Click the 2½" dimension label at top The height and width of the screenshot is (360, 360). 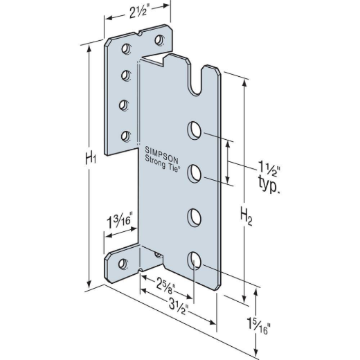[x=138, y=12]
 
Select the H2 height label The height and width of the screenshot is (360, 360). [x=246, y=217]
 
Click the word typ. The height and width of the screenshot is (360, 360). [x=269, y=185]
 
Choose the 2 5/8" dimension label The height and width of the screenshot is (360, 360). [x=165, y=287]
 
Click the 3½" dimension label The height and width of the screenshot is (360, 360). [x=179, y=307]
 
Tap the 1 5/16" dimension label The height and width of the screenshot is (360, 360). [x=258, y=326]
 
